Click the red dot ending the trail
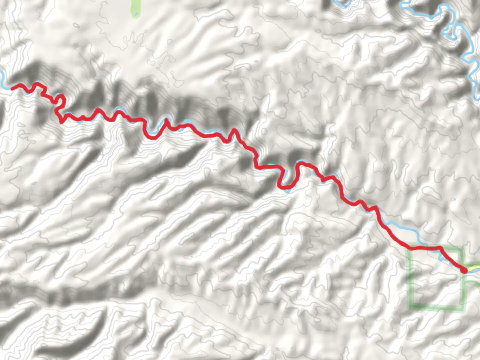(x=464, y=270)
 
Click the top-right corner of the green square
(x=462, y=248)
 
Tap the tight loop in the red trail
(x=60, y=100)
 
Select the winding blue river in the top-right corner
(x=467, y=50)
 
